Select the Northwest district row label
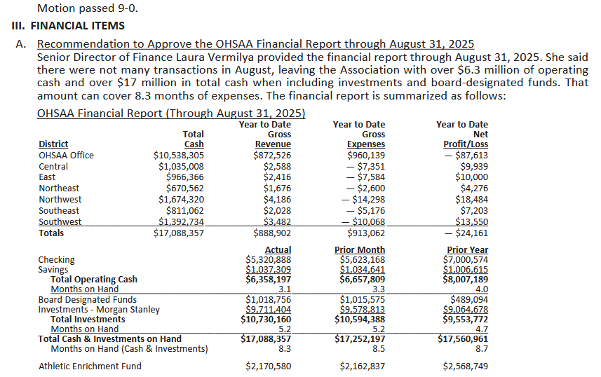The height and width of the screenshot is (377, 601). tap(60, 200)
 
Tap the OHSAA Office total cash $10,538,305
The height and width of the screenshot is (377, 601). tap(179, 156)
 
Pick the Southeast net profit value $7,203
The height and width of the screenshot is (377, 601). tap(474, 211)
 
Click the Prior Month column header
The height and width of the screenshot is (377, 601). tap(361, 250)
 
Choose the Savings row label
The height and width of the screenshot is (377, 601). tap(53, 270)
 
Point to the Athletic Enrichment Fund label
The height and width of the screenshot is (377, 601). tap(90, 366)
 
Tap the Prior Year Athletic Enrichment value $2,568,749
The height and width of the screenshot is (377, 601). tap(466, 366)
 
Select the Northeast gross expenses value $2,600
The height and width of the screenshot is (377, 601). tap(366, 188)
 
